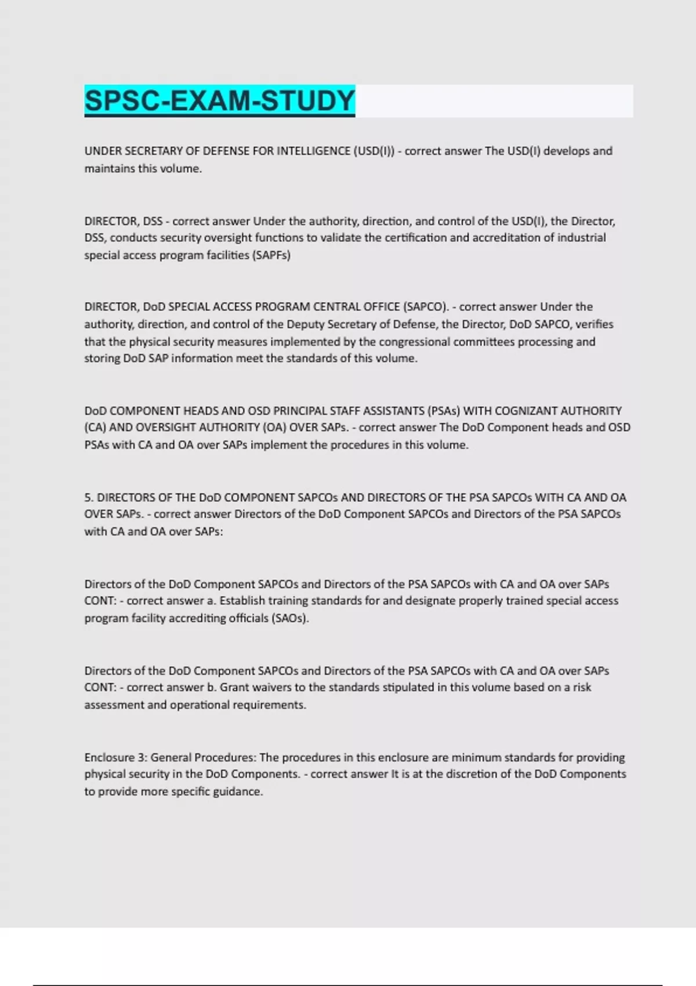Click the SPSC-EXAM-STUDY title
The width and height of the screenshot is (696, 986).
coord(219,100)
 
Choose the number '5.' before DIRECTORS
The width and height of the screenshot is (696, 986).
coord(89,498)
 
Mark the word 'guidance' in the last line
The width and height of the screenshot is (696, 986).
coord(238,792)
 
